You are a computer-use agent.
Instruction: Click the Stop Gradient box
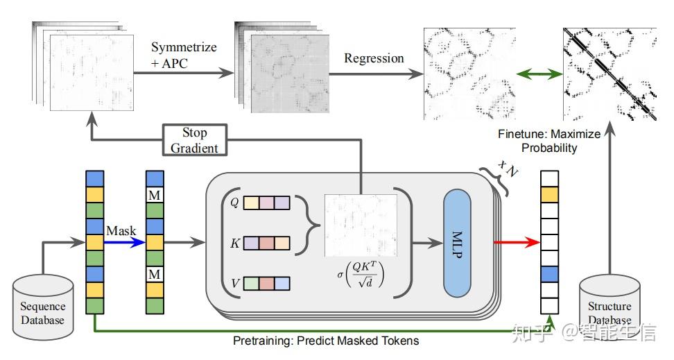[195, 140]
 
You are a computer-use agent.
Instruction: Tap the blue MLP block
[457, 243]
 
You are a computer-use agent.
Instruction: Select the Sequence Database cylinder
[43, 307]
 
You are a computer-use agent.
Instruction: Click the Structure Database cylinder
[610, 306]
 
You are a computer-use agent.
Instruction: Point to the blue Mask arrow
[124, 243]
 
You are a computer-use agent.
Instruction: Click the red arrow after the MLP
[517, 243]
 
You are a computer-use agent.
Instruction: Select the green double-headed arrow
[539, 74]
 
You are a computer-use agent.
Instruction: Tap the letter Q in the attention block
[234, 202]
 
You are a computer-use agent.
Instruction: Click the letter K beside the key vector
[234, 243]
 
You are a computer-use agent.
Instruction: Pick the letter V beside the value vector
[235, 284]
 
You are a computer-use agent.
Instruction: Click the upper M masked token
[155, 196]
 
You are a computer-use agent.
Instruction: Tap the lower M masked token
[155, 275]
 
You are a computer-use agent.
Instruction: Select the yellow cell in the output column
[549, 195]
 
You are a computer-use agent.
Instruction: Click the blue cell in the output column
[549, 275]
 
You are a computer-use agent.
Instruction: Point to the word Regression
[374, 58]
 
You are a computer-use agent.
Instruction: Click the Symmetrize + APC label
[184, 55]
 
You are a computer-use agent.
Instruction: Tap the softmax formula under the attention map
[360, 274]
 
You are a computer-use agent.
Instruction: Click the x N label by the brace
[508, 168]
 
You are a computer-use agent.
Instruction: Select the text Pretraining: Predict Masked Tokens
[326, 341]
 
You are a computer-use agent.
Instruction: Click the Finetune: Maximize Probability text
[549, 141]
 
